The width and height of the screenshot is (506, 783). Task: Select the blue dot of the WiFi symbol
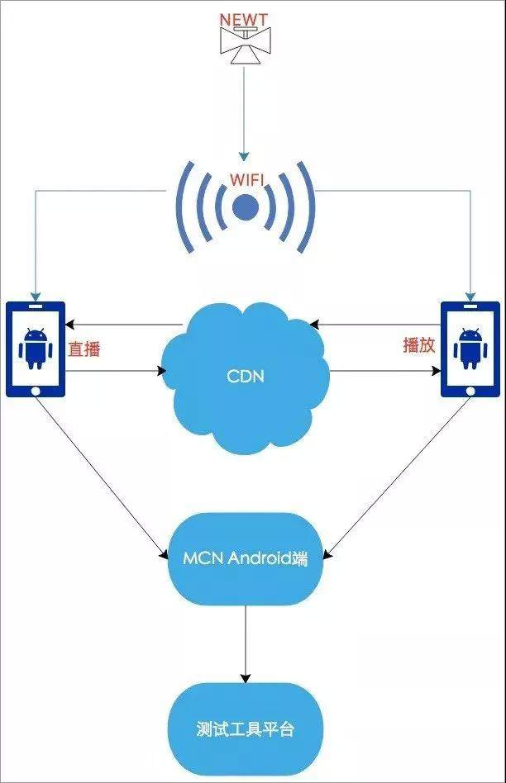click(x=245, y=207)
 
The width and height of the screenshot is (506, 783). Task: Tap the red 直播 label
click(x=84, y=349)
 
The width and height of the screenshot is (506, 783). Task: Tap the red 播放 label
click(x=419, y=345)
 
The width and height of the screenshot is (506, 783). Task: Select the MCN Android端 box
click(x=245, y=558)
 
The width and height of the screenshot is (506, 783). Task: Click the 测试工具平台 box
click(x=245, y=729)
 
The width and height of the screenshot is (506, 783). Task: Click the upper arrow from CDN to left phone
click(x=124, y=324)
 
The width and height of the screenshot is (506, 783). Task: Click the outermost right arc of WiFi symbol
click(x=309, y=206)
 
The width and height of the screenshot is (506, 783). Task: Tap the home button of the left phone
click(x=36, y=388)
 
